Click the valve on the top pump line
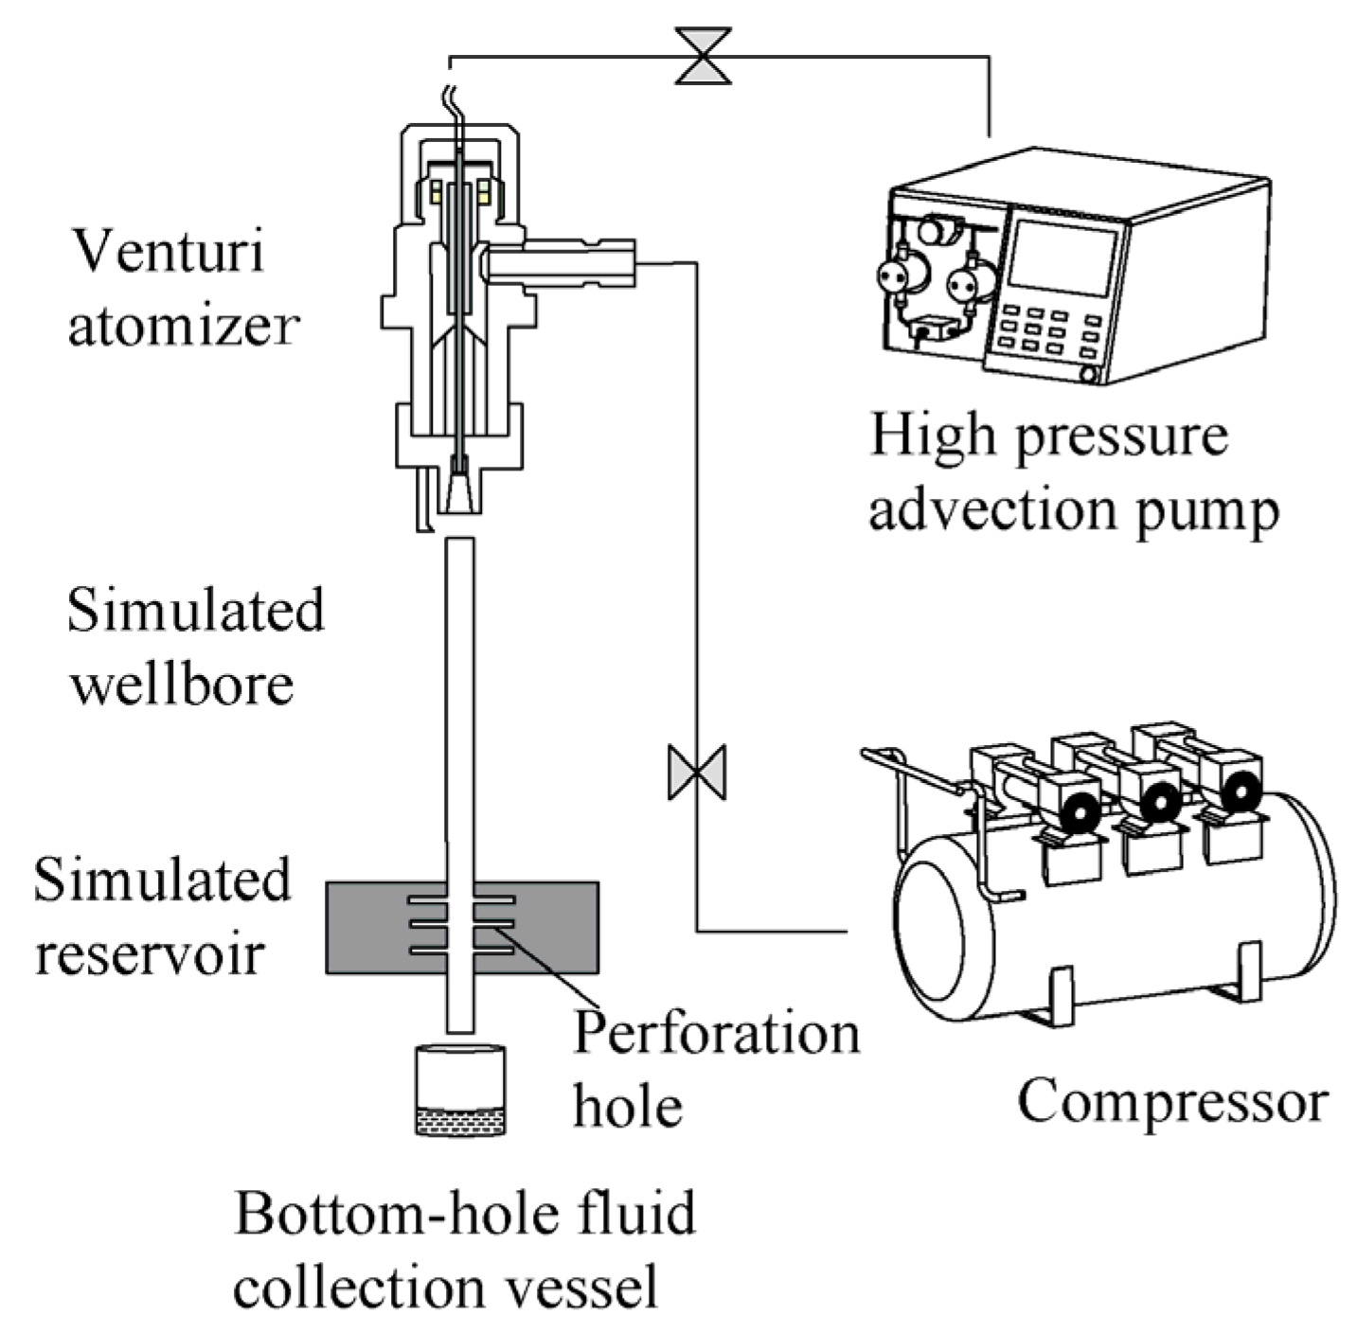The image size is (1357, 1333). pyautogui.click(x=702, y=57)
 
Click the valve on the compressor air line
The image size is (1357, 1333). pyautogui.click(x=697, y=772)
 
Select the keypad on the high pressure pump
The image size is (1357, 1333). pyautogui.click(x=1049, y=332)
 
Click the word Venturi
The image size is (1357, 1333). pyautogui.click(x=168, y=252)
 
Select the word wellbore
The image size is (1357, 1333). pyautogui.click(x=182, y=684)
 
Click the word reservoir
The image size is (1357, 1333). pyautogui.click(x=149, y=952)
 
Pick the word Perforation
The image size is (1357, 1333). pyautogui.click(x=716, y=1032)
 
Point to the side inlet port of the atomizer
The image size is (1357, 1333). pyautogui.click(x=559, y=262)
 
